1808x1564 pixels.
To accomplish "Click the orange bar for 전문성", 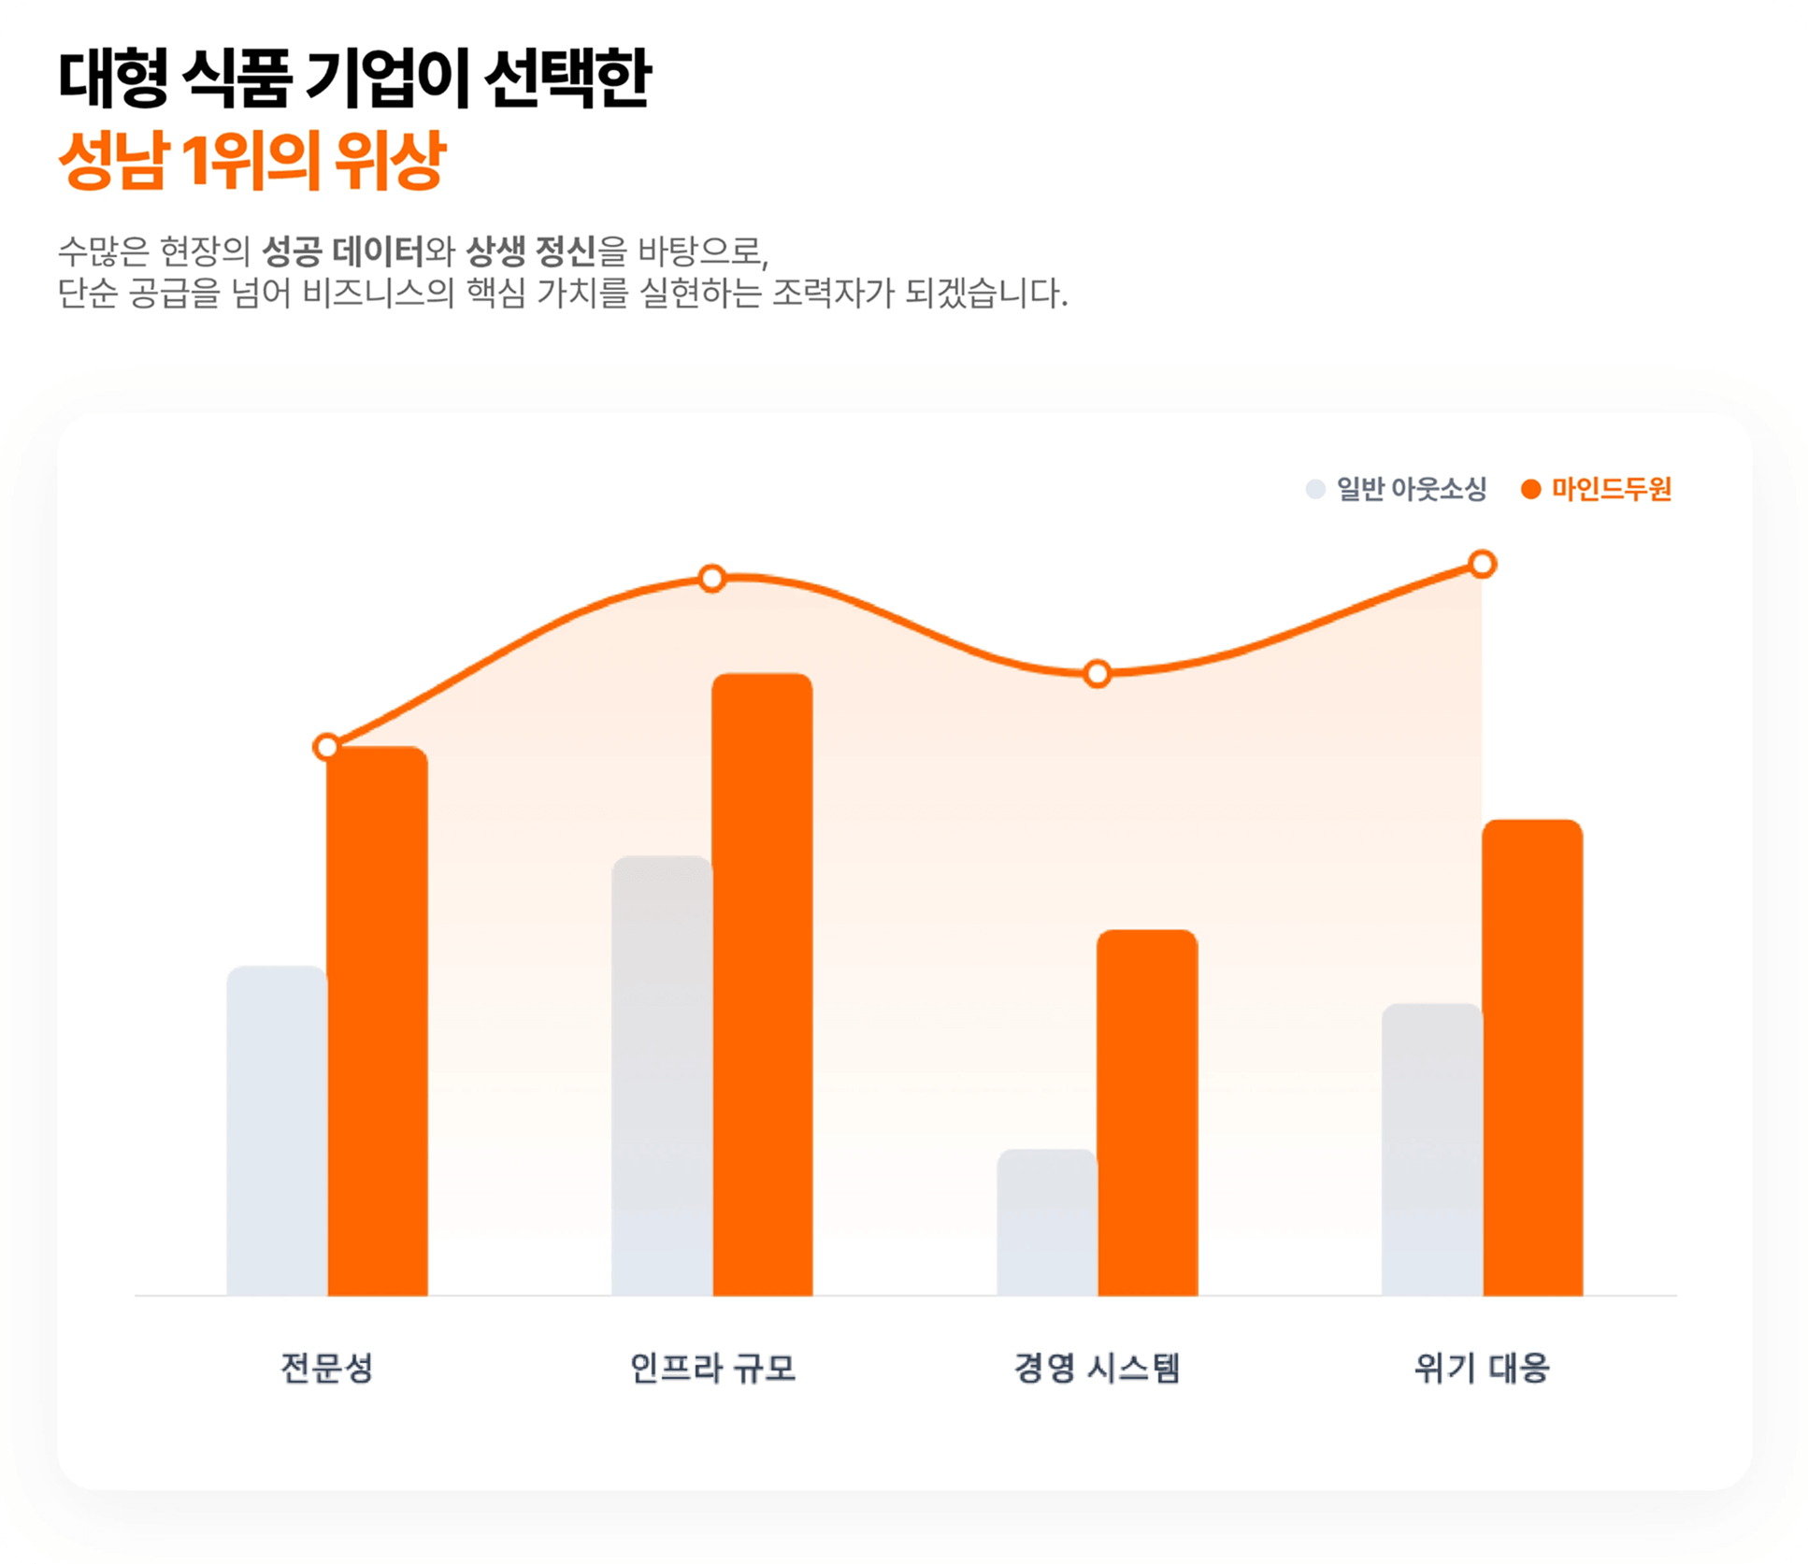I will click(378, 1021).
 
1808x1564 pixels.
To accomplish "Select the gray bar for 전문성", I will click(277, 1130).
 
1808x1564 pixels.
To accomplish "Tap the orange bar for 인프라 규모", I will click(763, 984).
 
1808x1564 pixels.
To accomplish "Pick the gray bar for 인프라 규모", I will click(662, 1075).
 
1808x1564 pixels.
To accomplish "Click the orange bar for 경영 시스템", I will click(1147, 1112).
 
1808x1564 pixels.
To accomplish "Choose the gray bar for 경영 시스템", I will click(1047, 1222).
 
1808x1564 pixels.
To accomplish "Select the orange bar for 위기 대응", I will click(1532, 1057).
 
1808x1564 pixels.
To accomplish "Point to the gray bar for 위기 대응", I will click(1432, 1149).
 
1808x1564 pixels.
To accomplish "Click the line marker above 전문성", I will click(326, 747).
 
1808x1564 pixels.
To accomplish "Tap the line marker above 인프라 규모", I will click(712, 579).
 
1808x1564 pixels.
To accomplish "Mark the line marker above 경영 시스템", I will click(1098, 673).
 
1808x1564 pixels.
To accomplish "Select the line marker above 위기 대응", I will click(1483, 564).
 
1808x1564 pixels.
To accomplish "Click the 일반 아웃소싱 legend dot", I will click(1315, 489).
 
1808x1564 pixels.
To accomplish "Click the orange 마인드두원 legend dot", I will click(1530, 489).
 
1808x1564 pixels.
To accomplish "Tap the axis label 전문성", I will click(327, 1368).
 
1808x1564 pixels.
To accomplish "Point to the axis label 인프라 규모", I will click(712, 1368).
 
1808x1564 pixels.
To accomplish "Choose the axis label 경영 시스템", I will click(1098, 1368).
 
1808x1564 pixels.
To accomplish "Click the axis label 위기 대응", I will click(1482, 1368).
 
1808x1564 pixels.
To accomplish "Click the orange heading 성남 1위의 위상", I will click(252, 160).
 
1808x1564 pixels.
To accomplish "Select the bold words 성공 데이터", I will click(342, 251).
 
